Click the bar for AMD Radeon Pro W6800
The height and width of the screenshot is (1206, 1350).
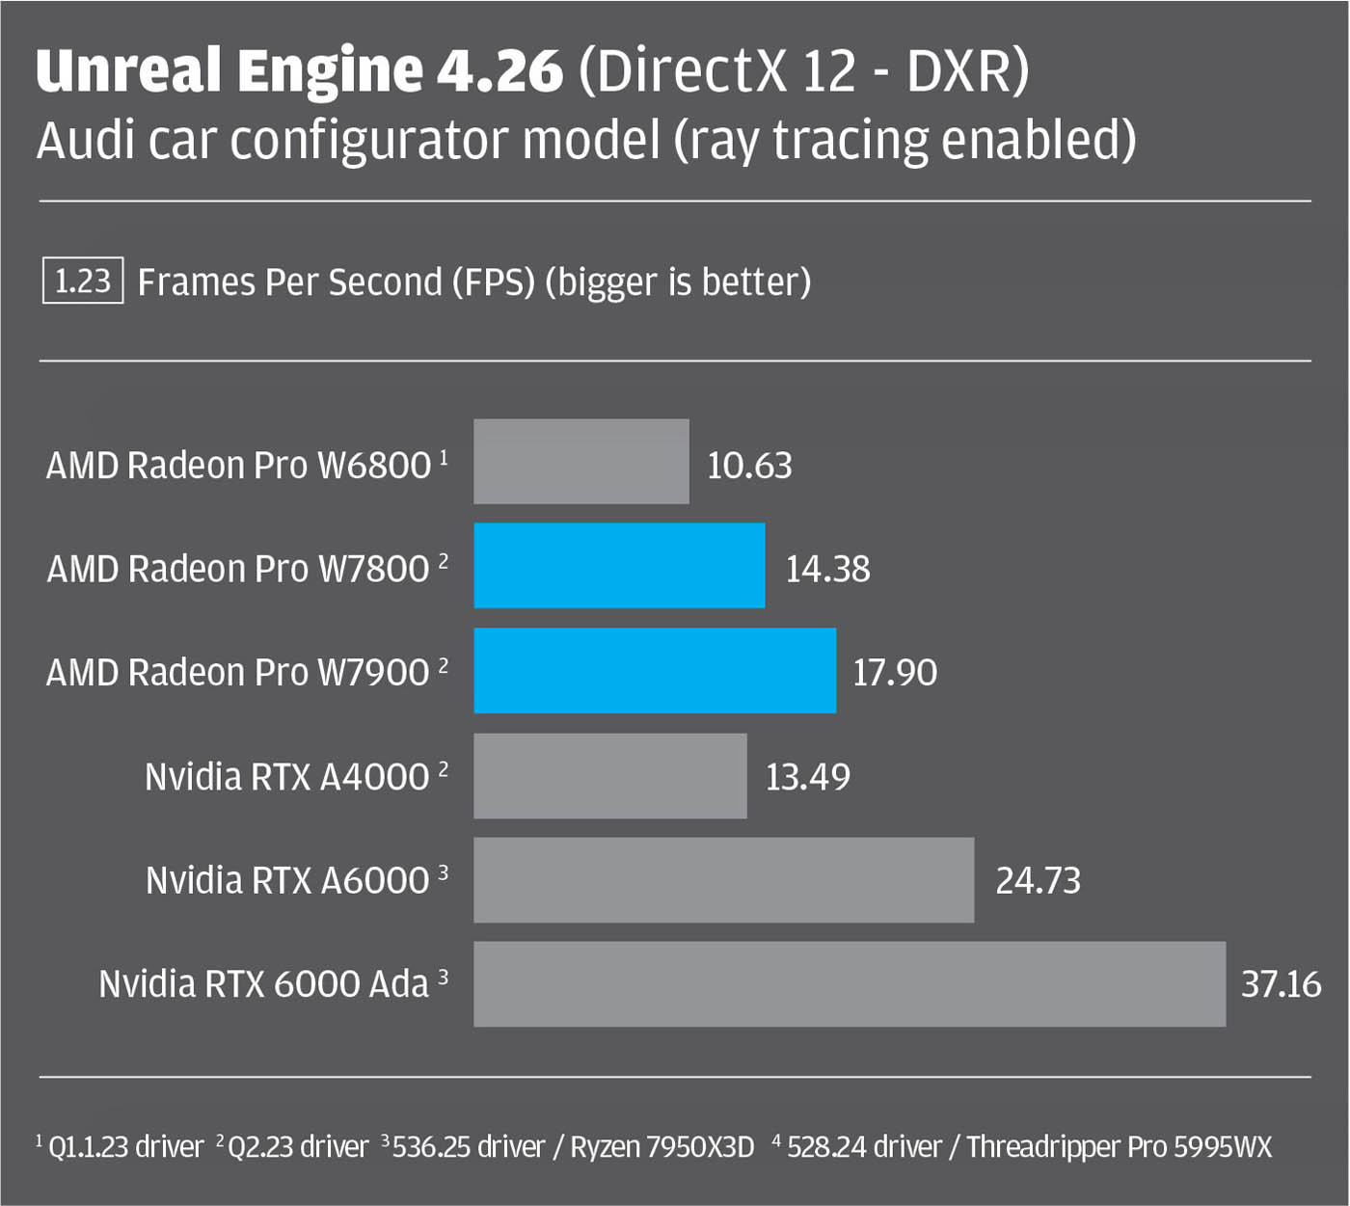pyautogui.click(x=580, y=462)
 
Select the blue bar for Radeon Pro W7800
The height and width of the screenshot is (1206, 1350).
pyautogui.click(x=619, y=566)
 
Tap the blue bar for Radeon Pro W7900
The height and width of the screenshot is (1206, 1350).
pyautogui.click(x=655, y=670)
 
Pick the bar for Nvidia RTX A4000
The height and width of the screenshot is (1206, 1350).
pyautogui.click(x=609, y=776)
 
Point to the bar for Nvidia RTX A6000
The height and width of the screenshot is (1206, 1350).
pyautogui.click(x=723, y=879)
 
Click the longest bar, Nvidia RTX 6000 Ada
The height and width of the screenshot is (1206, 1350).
pyautogui.click(x=849, y=983)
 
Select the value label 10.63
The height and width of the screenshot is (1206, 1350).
pyautogui.click(x=749, y=466)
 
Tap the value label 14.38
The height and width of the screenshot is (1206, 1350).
pyautogui.click(x=827, y=569)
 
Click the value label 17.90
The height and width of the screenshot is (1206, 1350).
pyautogui.click(x=895, y=672)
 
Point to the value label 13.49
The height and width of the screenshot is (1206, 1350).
pyautogui.click(x=808, y=777)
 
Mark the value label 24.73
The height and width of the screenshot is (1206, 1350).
pyautogui.click(x=1038, y=880)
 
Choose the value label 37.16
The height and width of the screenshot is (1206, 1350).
pyautogui.click(x=1281, y=984)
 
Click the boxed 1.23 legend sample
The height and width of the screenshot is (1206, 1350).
pyautogui.click(x=83, y=281)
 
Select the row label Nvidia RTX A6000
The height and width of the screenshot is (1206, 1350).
pyautogui.click(x=287, y=880)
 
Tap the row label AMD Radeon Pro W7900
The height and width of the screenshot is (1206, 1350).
pyautogui.click(x=237, y=672)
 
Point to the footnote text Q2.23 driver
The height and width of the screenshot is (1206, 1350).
pyautogui.click(x=298, y=1147)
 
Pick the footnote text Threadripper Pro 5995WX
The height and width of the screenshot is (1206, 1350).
pyautogui.click(x=1119, y=1147)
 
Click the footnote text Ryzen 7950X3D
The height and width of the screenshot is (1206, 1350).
pyautogui.click(x=661, y=1147)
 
